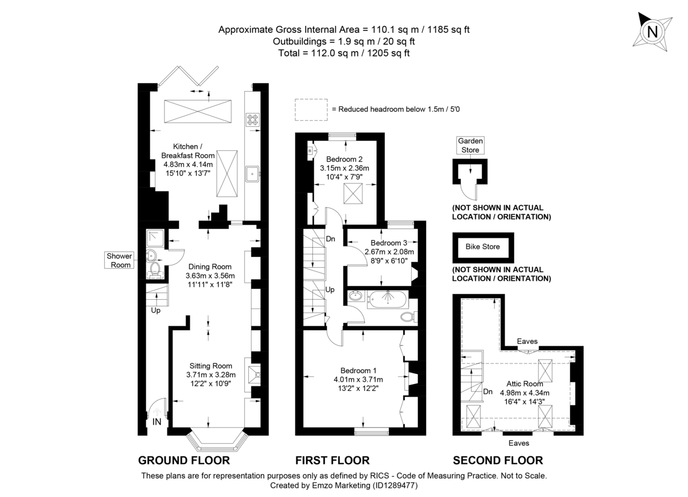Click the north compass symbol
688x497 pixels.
point(651,32)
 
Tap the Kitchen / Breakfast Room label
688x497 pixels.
point(187,151)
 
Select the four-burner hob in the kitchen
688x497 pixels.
point(252,119)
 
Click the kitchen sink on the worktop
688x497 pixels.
point(252,173)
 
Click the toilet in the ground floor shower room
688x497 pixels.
point(154,269)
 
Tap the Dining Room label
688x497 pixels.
point(209,267)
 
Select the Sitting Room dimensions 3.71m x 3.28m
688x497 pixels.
point(210,375)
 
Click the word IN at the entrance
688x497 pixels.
point(157,422)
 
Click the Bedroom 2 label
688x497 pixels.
point(344,159)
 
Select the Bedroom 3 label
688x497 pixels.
point(389,242)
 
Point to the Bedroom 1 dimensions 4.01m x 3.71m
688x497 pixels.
point(358,379)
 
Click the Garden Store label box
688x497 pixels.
point(470,146)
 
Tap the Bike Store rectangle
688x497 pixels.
point(482,247)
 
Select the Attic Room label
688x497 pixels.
point(524,383)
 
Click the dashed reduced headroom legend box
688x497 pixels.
point(310,109)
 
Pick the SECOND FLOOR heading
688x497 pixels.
point(498,460)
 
